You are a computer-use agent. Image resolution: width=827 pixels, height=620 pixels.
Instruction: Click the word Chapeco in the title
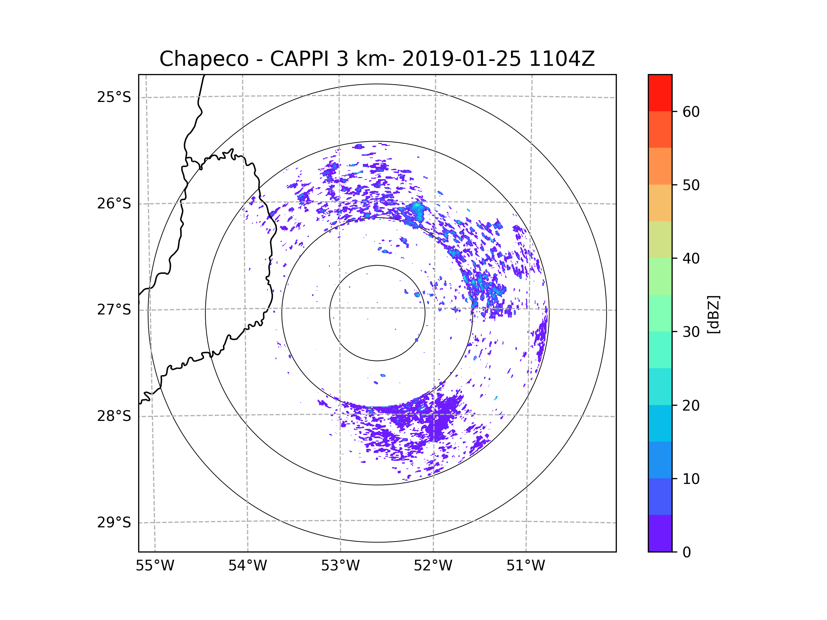[x=204, y=59]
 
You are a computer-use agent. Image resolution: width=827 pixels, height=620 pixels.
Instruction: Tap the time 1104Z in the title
[x=562, y=59]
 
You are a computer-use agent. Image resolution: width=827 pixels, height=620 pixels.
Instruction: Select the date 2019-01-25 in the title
[x=461, y=59]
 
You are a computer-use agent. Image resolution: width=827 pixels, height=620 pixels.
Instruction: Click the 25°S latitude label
[x=114, y=97]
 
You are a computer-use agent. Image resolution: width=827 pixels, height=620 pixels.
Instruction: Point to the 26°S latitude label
[x=114, y=204]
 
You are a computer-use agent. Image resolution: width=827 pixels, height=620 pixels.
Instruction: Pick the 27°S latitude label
[x=114, y=310]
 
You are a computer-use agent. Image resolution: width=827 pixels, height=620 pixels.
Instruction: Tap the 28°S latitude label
[x=114, y=416]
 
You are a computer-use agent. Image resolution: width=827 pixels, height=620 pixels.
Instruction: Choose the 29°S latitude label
[x=114, y=523]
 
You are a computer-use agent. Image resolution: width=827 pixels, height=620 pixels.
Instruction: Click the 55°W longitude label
[x=155, y=566]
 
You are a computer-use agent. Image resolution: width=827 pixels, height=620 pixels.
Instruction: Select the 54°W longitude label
[x=247, y=566]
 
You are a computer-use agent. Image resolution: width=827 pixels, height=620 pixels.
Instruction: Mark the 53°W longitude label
[x=340, y=566]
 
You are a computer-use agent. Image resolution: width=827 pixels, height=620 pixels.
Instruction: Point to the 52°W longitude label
[x=433, y=566]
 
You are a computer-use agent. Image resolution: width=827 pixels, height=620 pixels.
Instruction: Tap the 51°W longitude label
[x=525, y=566]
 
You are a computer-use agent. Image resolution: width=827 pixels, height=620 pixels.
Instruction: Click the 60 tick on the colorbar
[x=691, y=112]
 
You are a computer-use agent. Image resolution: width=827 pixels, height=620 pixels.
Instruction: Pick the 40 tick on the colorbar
[x=691, y=259]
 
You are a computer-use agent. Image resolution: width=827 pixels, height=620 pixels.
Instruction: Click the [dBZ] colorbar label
[x=713, y=314]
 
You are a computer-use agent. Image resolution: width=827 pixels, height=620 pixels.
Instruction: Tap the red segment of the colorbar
[x=660, y=93]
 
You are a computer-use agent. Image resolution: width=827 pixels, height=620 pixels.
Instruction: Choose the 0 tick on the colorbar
[x=687, y=552]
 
